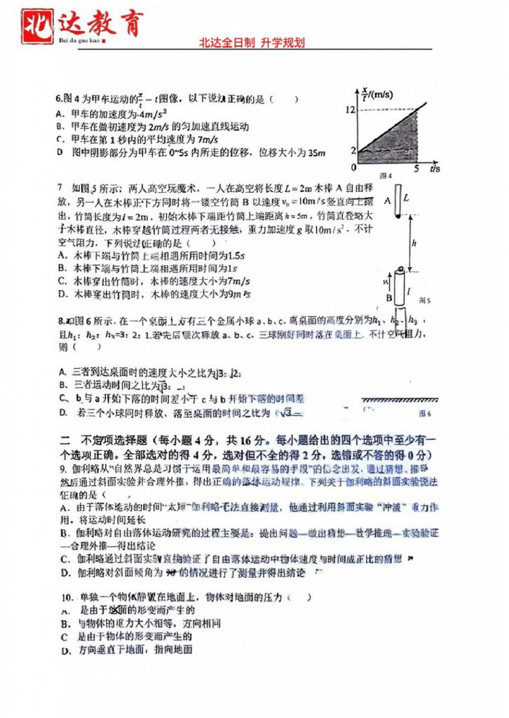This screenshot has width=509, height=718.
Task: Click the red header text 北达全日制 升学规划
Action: click(x=252, y=43)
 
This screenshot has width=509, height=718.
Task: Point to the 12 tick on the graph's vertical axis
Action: click(x=349, y=109)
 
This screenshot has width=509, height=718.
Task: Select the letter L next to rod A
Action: click(x=407, y=198)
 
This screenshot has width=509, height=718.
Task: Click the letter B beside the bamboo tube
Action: click(x=386, y=297)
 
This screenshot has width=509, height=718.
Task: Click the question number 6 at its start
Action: click(x=58, y=100)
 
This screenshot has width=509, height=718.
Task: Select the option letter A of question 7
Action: click(x=62, y=255)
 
